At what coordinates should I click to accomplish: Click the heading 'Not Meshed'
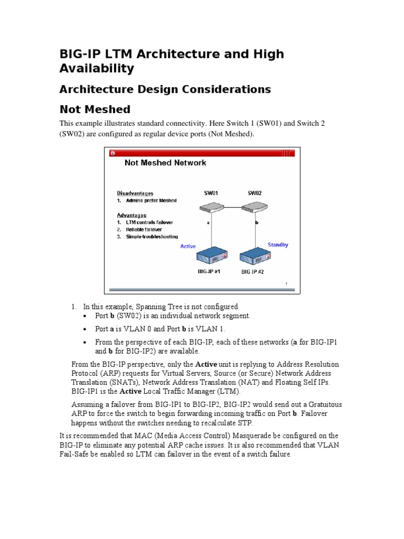(95, 109)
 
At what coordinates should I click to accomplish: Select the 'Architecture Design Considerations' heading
(165, 89)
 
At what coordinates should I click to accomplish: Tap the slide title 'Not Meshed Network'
(165, 163)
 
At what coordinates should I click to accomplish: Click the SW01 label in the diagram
(211, 193)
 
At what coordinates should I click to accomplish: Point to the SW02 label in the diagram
(255, 193)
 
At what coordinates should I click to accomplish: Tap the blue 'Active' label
(188, 246)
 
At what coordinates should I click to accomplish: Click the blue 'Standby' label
(278, 245)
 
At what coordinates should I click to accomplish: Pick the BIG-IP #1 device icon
(212, 256)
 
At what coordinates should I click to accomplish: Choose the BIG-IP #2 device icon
(256, 256)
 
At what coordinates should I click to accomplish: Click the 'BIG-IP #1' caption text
(209, 272)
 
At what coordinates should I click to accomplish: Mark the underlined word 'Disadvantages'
(134, 193)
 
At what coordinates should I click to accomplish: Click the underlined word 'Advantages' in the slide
(132, 215)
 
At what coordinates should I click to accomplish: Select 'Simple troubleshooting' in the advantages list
(151, 237)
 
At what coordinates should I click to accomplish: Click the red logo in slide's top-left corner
(113, 153)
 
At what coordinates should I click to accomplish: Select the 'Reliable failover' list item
(143, 229)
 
